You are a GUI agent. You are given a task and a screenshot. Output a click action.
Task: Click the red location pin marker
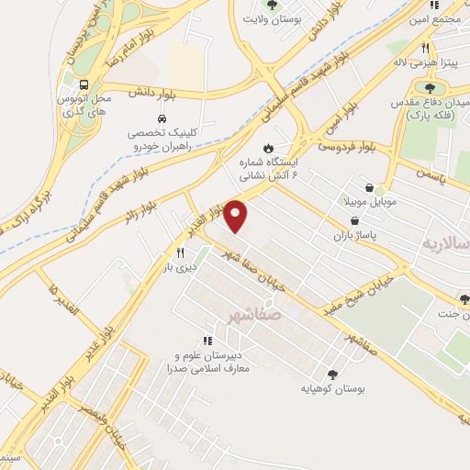(237, 216)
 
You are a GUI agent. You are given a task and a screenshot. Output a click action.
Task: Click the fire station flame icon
(267, 148)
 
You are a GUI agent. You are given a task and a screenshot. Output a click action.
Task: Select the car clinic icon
(162, 119)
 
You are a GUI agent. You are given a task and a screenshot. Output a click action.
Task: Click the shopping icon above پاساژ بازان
(355, 221)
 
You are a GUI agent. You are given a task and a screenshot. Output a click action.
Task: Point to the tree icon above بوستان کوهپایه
(331, 373)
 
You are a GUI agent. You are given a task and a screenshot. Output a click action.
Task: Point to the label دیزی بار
(180, 267)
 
